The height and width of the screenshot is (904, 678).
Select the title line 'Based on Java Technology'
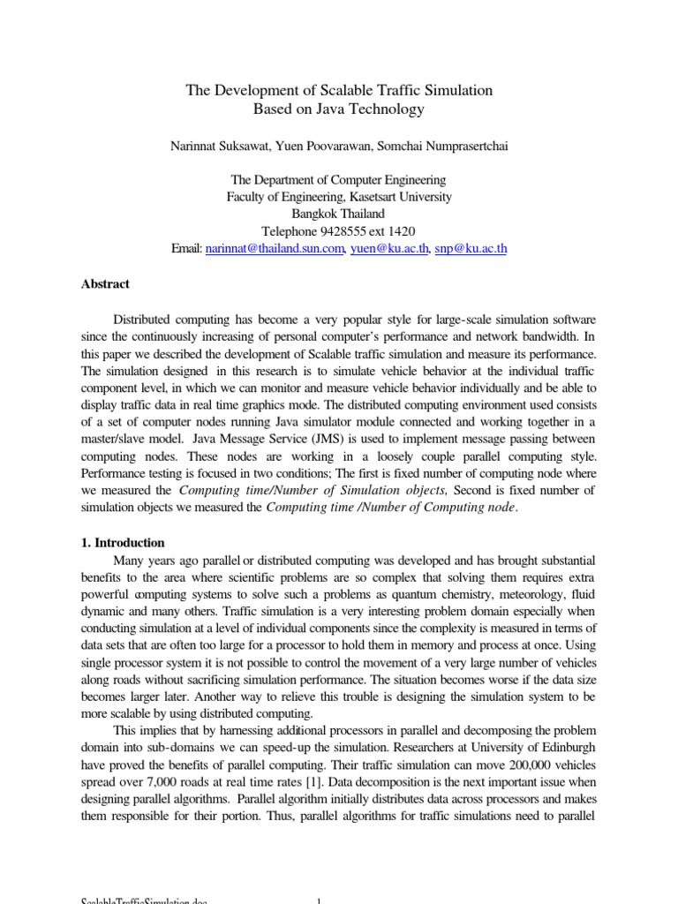point(339,110)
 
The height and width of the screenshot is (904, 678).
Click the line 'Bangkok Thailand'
point(339,214)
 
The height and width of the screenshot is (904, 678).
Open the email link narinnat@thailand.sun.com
point(274,249)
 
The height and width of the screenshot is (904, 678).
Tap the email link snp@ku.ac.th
point(471,249)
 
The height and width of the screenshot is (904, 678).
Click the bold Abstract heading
point(105,284)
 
